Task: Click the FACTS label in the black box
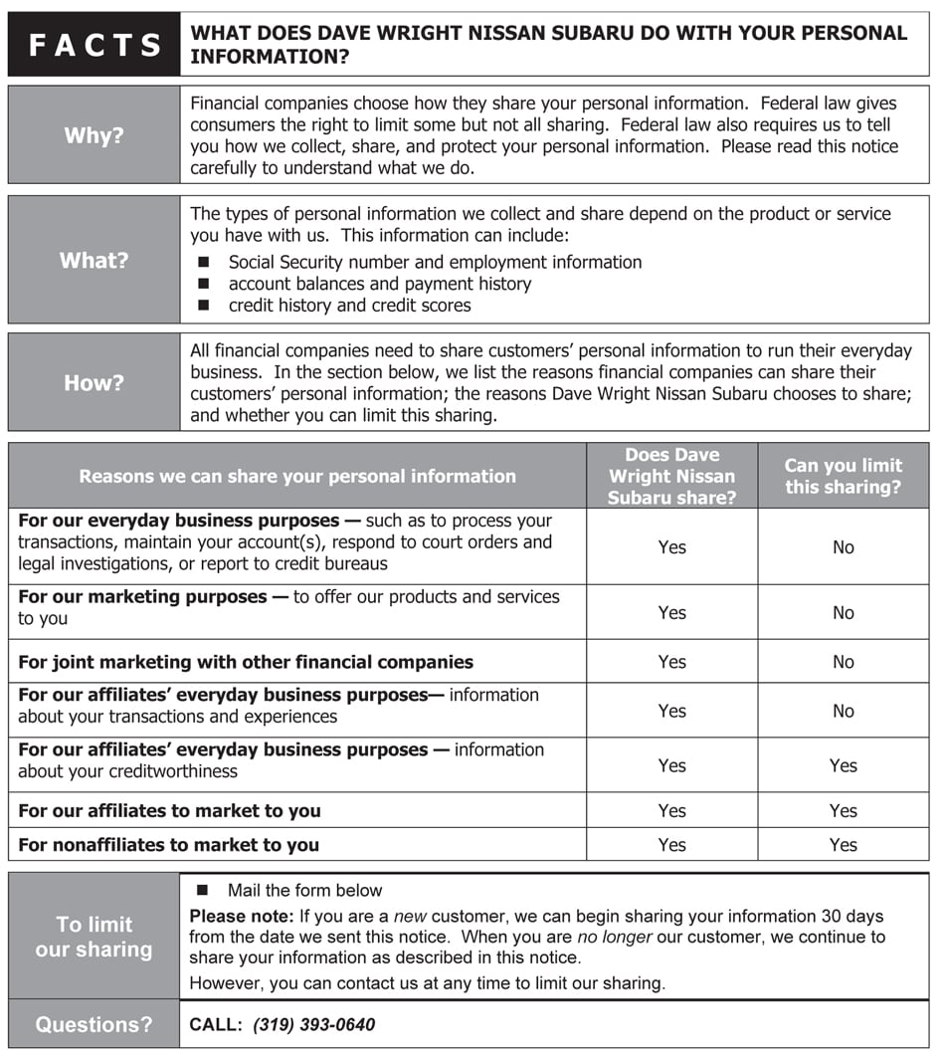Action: click(x=94, y=45)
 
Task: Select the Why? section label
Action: click(x=94, y=135)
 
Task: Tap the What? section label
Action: click(x=94, y=261)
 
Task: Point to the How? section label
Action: click(x=94, y=382)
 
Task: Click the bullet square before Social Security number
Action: click(x=204, y=263)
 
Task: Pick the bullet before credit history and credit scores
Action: click(x=204, y=306)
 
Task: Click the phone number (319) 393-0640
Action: click(x=313, y=1025)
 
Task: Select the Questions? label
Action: click(x=94, y=1025)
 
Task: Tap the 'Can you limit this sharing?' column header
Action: click(x=843, y=476)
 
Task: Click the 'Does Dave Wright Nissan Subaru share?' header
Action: click(x=671, y=476)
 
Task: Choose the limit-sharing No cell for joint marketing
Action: click(x=844, y=662)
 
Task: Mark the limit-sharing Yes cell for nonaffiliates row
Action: click(x=844, y=845)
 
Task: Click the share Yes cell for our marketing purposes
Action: click(x=672, y=613)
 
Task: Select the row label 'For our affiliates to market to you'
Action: click(x=169, y=811)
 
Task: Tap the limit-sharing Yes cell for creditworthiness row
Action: click(x=844, y=765)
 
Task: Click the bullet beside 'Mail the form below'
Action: click(x=204, y=890)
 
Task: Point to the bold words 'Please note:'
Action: click(x=242, y=917)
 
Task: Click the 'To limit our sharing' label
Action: click(x=94, y=937)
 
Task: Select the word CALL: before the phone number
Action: click(x=216, y=1025)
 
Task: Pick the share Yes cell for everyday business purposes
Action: click(x=672, y=547)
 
